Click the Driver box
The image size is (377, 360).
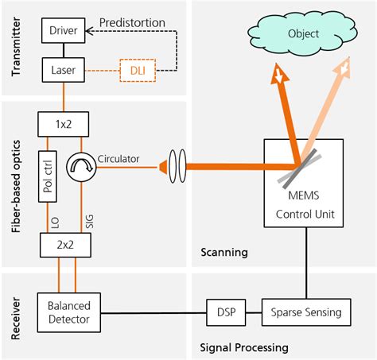(x=63, y=31)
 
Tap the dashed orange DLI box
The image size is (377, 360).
(x=137, y=72)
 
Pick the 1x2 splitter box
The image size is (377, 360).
(x=63, y=124)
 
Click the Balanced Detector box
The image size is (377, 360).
(x=69, y=311)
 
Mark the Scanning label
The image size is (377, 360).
(x=224, y=253)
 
